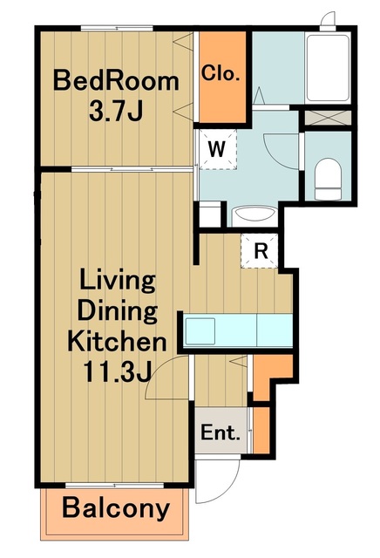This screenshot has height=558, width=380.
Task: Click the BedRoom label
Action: click(116, 81)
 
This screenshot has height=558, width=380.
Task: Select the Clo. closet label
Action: click(221, 73)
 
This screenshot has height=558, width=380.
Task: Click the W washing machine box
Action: click(217, 149)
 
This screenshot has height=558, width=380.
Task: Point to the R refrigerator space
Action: click(260, 250)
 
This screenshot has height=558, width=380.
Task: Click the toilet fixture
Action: click(328, 179)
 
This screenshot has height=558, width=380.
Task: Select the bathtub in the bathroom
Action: click(328, 68)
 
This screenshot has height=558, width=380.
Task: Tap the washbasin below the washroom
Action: click(254, 215)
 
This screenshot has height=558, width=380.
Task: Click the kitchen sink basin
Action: click(200, 331)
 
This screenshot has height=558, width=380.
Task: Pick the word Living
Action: click(118, 281)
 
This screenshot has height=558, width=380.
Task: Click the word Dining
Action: click(118, 310)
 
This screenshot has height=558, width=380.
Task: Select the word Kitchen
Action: click(117, 341)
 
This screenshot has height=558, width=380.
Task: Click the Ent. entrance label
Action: click(220, 432)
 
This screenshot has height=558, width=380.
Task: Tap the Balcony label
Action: click(116, 508)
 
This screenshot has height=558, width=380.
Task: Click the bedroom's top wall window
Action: click(117, 28)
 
